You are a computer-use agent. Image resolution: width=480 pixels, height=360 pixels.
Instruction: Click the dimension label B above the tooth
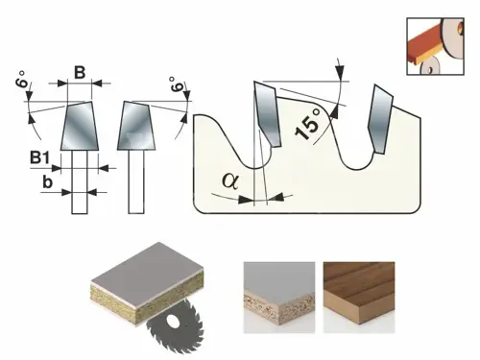pos(80,73)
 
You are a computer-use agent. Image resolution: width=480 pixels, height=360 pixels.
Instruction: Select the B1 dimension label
pos(40,157)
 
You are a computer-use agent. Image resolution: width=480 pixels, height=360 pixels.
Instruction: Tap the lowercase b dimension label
pos(47,182)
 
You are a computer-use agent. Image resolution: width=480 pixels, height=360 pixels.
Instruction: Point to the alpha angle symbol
pos(230,180)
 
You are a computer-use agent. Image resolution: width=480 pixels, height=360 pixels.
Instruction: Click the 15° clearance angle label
pos(308,125)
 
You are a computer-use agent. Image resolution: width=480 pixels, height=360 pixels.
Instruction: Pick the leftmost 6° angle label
pos(23,79)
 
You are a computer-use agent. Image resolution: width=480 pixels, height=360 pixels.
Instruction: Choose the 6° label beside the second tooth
pos(177,84)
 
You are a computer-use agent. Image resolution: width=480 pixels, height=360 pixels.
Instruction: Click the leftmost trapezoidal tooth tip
pos(80,126)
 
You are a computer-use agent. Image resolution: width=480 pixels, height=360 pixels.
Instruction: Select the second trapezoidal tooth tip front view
pos(136,126)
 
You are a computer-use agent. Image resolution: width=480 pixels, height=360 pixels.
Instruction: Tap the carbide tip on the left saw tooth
pos(268,114)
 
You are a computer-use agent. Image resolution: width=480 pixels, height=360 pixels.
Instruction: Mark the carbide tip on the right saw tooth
pos(380,119)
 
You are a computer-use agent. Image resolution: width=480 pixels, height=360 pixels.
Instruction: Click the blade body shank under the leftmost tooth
pos(80,181)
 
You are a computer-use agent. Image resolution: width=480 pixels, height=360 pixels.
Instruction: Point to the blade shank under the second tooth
pos(136,181)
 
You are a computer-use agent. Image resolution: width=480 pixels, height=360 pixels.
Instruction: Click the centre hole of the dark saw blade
pos(173,322)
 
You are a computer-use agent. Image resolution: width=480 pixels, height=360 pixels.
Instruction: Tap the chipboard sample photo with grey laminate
pos(279,298)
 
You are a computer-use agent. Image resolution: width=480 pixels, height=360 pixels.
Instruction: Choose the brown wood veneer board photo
pos(359,298)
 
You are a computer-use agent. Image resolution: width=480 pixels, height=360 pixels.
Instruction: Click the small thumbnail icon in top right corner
pos(435,46)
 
